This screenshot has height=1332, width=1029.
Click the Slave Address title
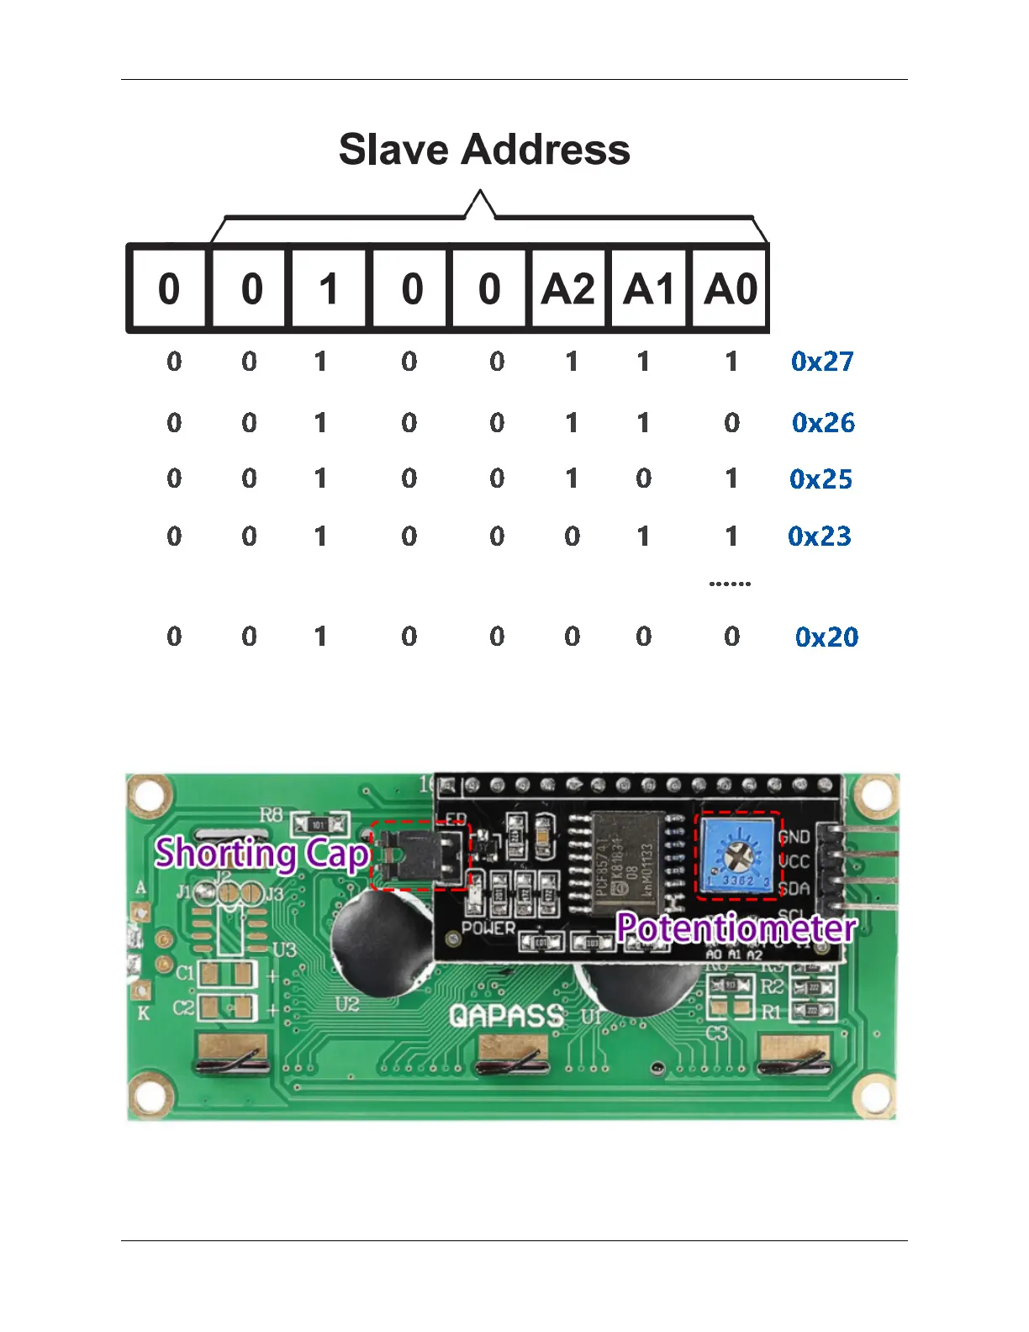click(x=484, y=150)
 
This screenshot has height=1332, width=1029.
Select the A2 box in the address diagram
click(x=567, y=289)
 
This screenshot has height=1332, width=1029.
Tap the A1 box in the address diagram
click(x=648, y=289)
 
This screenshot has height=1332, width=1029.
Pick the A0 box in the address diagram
click(x=730, y=289)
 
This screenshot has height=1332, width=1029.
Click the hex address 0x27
click(x=822, y=362)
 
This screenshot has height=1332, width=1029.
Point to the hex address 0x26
click(x=823, y=422)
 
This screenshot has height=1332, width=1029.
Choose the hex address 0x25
click(x=821, y=479)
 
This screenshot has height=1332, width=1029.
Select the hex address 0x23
click(x=820, y=536)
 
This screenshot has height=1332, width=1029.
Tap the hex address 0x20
click(x=826, y=637)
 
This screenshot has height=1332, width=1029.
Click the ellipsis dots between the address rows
click(x=730, y=583)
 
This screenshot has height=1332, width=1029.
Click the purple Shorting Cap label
click(x=262, y=854)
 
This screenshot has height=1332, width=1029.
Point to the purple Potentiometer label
click(x=736, y=928)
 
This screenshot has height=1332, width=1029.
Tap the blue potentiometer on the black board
click(x=738, y=856)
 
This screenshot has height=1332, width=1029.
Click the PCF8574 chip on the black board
click(x=629, y=862)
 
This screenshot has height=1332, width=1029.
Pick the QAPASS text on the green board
click(x=506, y=1016)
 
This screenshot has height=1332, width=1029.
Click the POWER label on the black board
click(x=488, y=928)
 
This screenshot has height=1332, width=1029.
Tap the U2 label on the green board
click(x=347, y=1004)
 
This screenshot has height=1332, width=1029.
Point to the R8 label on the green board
click(x=271, y=814)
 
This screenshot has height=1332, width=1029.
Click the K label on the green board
click(x=143, y=1013)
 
